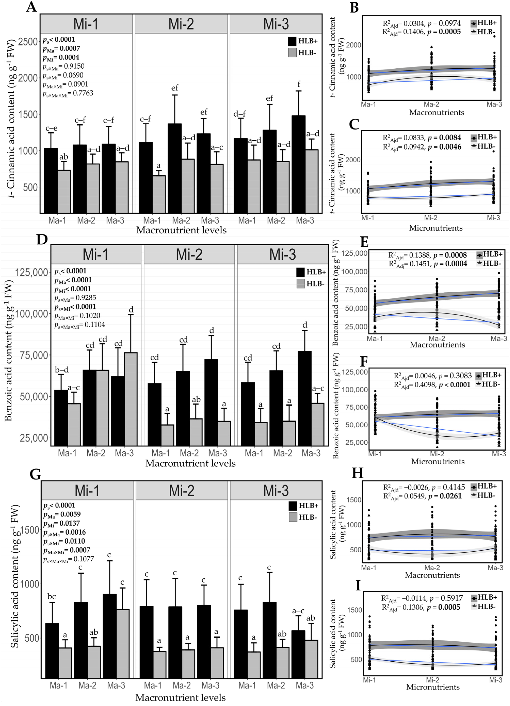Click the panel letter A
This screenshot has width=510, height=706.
(31, 7)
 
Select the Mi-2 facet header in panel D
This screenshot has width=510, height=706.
(189, 254)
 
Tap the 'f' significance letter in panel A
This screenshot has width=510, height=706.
(299, 84)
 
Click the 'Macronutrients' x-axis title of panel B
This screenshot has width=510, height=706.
(436, 113)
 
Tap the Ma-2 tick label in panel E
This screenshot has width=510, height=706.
(437, 338)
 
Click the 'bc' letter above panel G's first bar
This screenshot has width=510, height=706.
(52, 597)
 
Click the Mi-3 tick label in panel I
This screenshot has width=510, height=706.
(495, 680)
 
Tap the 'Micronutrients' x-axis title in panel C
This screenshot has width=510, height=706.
(436, 228)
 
